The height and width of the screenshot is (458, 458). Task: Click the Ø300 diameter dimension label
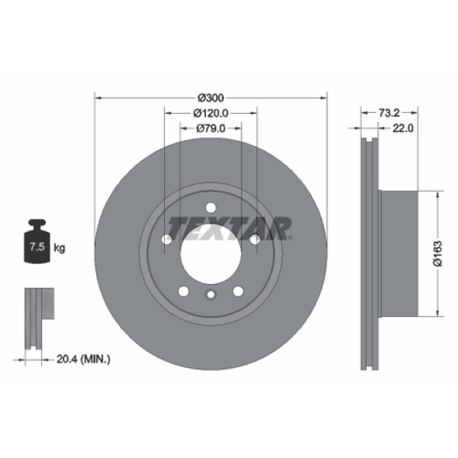click(x=210, y=98)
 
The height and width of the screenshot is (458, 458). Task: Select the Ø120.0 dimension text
click(x=210, y=113)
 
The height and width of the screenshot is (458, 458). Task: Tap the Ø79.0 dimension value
click(x=210, y=128)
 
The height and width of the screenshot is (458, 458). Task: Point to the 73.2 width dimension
click(x=389, y=112)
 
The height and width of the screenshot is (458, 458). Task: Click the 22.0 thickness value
click(x=402, y=128)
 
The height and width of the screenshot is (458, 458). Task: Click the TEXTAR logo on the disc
click(x=230, y=227)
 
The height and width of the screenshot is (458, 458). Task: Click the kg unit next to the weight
click(x=60, y=248)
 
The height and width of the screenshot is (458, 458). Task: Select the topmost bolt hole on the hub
click(x=210, y=205)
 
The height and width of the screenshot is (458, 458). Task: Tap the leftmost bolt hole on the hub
click(x=166, y=240)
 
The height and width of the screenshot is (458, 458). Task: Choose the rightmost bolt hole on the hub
click(x=253, y=240)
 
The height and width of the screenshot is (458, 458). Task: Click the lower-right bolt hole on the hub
click(x=237, y=291)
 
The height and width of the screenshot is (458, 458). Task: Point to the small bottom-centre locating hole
click(x=210, y=296)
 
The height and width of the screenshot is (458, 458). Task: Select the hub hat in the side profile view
click(x=399, y=253)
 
